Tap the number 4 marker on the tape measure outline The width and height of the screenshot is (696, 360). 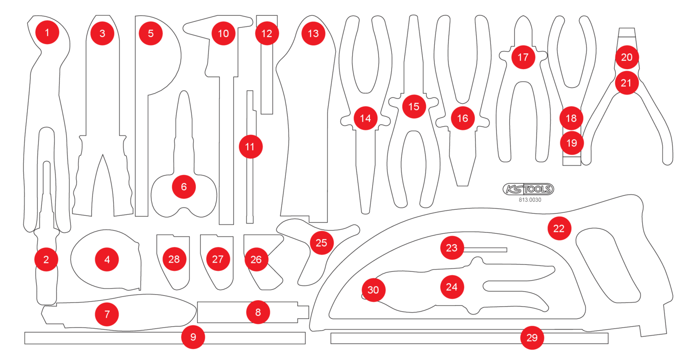[107, 260]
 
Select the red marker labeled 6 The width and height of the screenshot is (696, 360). [184, 187]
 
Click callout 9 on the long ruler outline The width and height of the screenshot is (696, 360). [193, 338]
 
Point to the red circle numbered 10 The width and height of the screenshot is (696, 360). [224, 33]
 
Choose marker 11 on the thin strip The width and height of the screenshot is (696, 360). [251, 147]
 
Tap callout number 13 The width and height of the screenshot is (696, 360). [313, 33]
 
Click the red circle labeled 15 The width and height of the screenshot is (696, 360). [414, 106]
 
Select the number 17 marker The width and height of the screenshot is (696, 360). [523, 57]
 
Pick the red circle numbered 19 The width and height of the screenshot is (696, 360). [572, 143]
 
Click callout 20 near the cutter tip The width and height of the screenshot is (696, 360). [627, 57]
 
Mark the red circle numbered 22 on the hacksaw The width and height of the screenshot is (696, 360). [559, 228]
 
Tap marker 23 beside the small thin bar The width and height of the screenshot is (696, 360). [452, 248]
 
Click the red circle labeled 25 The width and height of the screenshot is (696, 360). [322, 243]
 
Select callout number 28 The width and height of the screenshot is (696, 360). [174, 259]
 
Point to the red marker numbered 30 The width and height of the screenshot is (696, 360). [374, 290]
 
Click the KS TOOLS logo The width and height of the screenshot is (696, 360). [528, 188]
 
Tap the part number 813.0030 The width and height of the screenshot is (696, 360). [530, 200]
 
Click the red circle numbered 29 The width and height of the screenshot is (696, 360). [532, 338]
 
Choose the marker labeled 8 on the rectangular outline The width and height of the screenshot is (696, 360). [258, 312]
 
